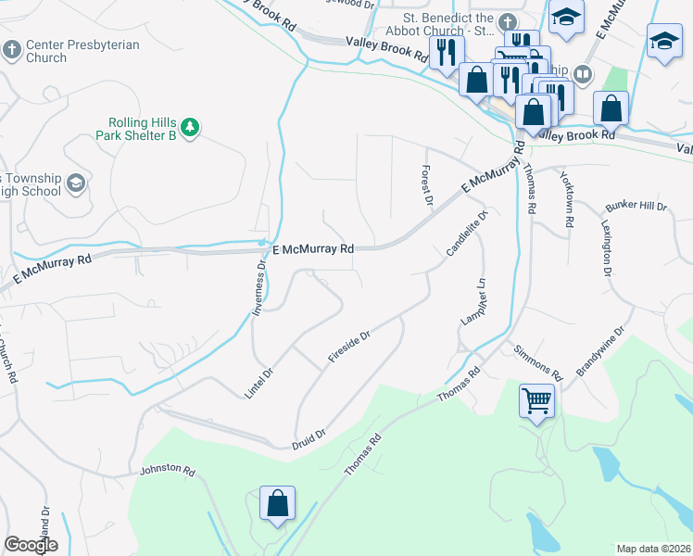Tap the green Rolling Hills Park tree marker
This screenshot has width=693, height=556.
click(x=190, y=127)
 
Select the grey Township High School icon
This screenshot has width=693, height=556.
click(x=76, y=183)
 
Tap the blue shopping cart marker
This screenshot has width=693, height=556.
click(x=537, y=403)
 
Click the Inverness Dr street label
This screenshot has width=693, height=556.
click(x=260, y=287)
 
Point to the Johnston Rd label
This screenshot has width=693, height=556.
click(x=167, y=471)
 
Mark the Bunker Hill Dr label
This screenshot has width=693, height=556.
click(x=636, y=206)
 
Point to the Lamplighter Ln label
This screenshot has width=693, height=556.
click(x=472, y=301)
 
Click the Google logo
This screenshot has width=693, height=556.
click(x=31, y=545)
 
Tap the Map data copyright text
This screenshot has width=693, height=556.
click(x=654, y=549)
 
